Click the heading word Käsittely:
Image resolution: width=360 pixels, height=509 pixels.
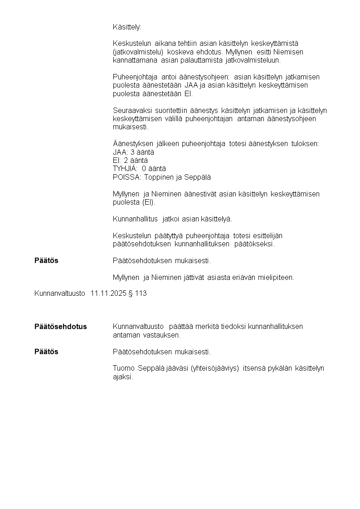(127, 27)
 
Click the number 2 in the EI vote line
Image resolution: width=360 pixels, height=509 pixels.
(126, 161)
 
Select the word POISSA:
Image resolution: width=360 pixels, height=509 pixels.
(127, 177)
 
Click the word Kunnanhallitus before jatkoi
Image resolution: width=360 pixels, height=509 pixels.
(136, 219)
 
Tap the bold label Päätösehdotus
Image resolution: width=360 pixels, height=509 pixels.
(61, 327)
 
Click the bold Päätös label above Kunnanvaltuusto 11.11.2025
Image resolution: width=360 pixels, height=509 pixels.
(46, 261)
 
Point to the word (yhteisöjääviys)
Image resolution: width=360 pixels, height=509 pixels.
(215, 368)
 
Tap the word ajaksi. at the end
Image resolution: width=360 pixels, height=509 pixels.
(123, 377)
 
